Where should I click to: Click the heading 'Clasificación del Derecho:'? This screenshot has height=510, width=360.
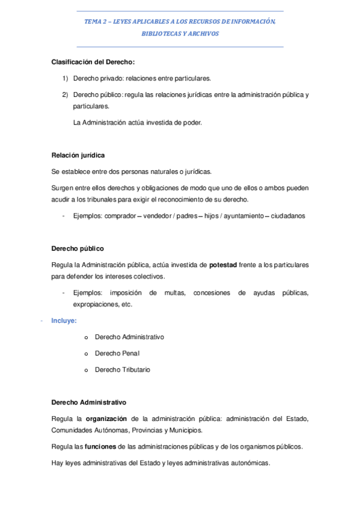[93, 62]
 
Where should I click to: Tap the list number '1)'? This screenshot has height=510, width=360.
[65, 78]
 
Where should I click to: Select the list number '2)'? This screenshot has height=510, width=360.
[65, 94]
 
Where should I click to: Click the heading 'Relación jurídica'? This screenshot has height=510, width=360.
[78, 155]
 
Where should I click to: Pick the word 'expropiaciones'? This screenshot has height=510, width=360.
[95, 304]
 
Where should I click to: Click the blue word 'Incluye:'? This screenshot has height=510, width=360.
[64, 321]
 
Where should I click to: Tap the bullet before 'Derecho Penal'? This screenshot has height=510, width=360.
[87, 354]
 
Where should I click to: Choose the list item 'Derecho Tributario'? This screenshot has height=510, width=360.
[123, 369]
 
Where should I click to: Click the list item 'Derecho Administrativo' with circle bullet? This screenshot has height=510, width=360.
[129, 337]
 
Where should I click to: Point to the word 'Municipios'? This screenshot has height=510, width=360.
[185, 431]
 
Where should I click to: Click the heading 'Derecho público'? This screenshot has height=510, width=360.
[78, 248]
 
